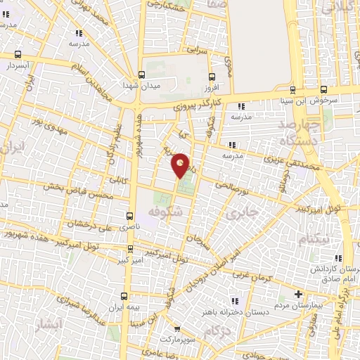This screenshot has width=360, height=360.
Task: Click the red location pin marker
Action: point(181,165)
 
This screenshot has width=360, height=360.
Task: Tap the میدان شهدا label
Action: point(142,85)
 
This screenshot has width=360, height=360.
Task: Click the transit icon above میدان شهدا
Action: point(142,74)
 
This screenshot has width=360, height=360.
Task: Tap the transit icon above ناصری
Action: point(129,216)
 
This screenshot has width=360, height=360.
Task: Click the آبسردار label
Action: point(17,65)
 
